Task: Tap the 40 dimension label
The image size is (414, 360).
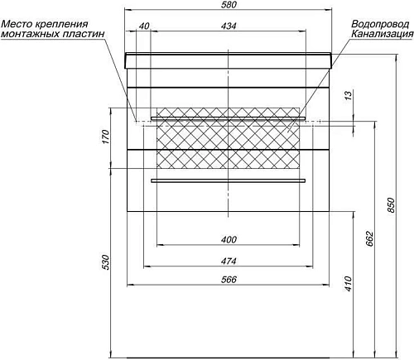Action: [x=144, y=26]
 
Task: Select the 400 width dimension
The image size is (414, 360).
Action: [x=229, y=240]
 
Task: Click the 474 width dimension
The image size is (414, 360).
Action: [x=229, y=261]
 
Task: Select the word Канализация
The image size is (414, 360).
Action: [x=380, y=35]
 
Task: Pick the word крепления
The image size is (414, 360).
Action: [x=64, y=24]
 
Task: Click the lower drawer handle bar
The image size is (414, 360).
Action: [x=228, y=179]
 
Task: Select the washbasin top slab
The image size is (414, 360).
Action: [x=228, y=59]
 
